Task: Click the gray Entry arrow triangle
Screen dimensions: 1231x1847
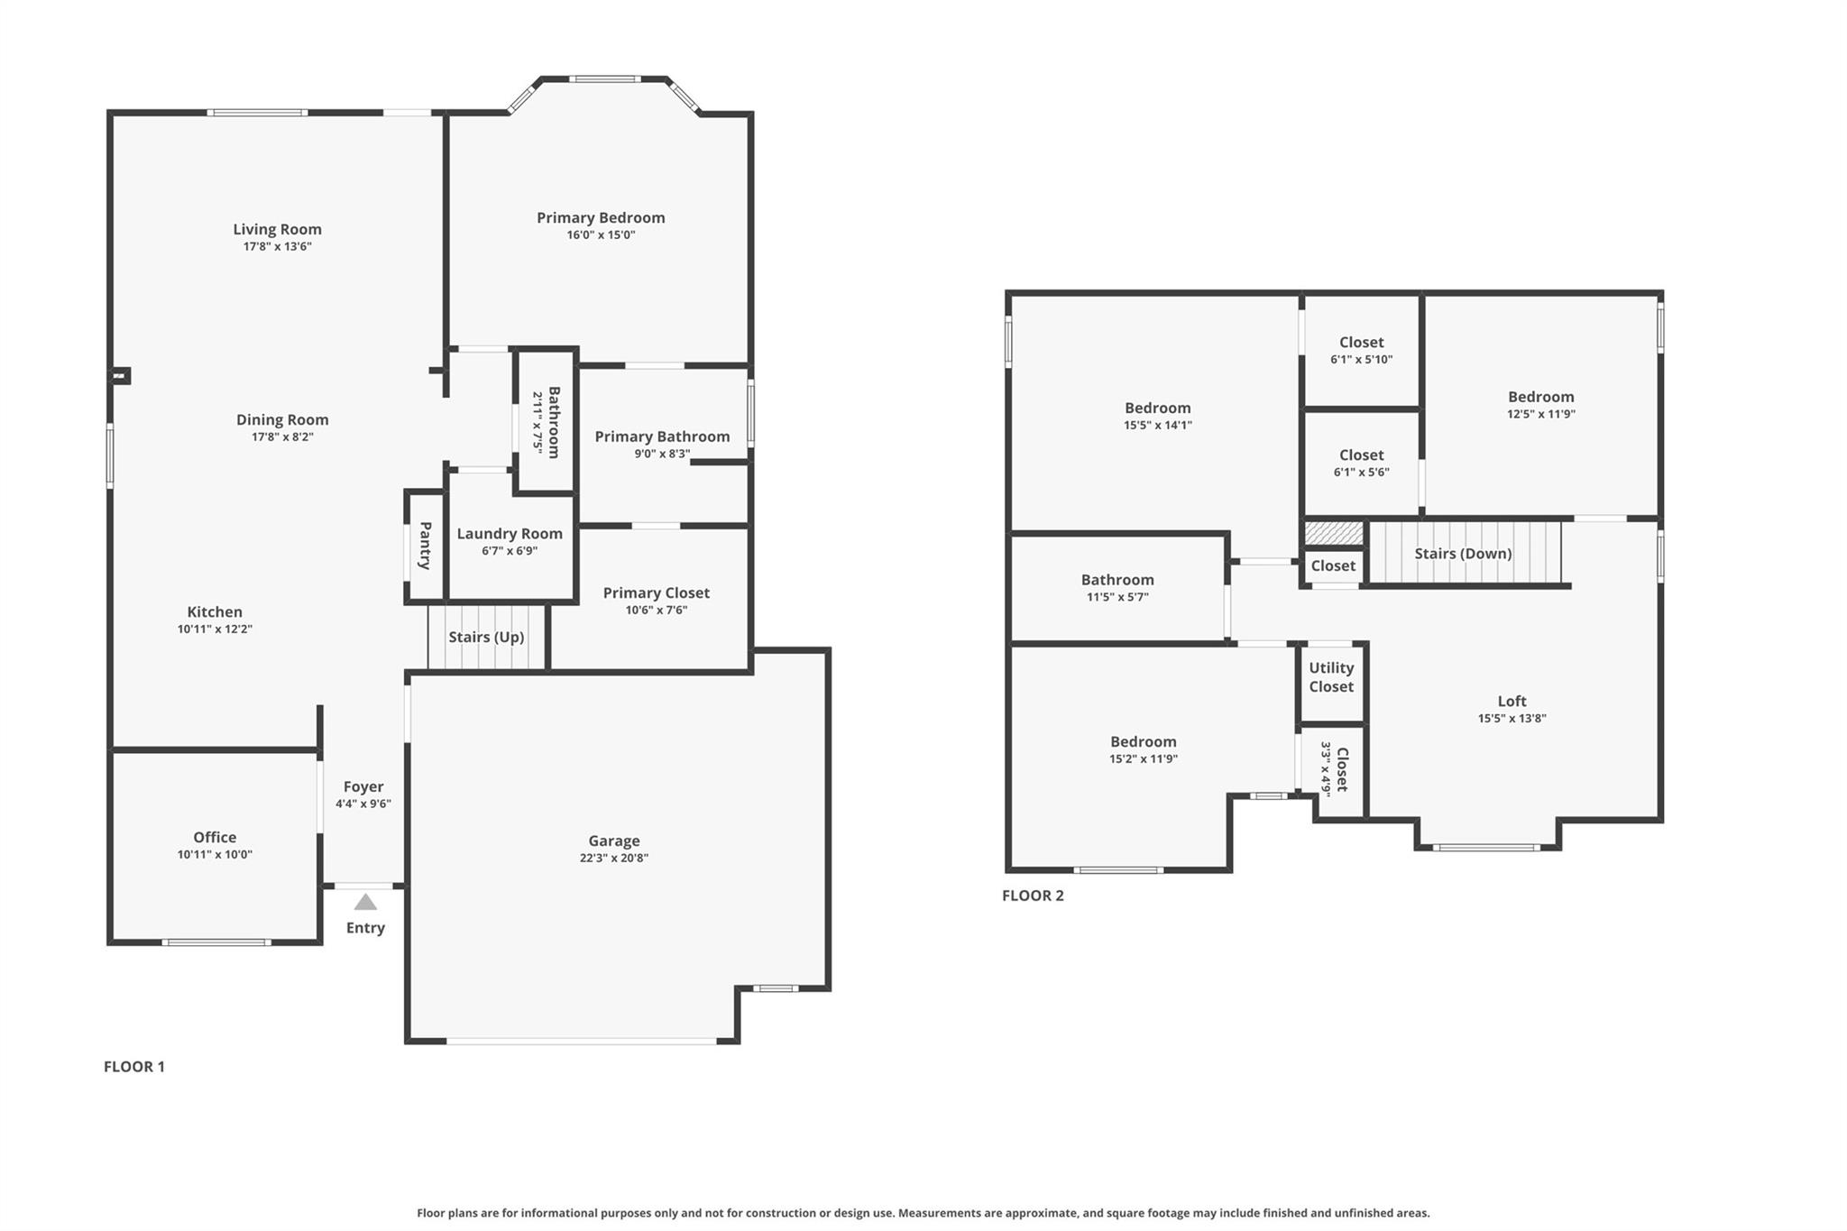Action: pyautogui.click(x=365, y=902)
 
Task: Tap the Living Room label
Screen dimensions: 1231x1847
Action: pyautogui.click(x=277, y=229)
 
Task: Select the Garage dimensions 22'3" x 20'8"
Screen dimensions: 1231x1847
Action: pyautogui.click(x=613, y=858)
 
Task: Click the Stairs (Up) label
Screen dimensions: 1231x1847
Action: pyautogui.click(x=486, y=637)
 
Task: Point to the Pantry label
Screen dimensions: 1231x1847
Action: pyautogui.click(x=425, y=545)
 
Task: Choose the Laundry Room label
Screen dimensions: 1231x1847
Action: pyautogui.click(x=510, y=533)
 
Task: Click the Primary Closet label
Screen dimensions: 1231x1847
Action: pyautogui.click(x=656, y=593)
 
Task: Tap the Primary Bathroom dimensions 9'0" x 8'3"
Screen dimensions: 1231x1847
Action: pyautogui.click(x=661, y=454)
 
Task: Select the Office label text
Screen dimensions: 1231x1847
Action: pyautogui.click(x=215, y=837)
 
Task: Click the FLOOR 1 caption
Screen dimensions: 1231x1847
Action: pyautogui.click(x=134, y=1066)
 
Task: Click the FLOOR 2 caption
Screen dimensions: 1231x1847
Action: pyautogui.click(x=1033, y=896)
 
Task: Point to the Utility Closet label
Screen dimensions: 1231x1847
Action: pyautogui.click(x=1331, y=677)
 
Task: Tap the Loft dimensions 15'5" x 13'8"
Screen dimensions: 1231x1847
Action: pyautogui.click(x=1512, y=719)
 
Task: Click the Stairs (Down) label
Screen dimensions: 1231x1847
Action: pyautogui.click(x=1463, y=553)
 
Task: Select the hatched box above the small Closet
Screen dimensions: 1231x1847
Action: pyautogui.click(x=1334, y=533)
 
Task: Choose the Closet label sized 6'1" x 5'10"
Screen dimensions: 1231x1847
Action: pyautogui.click(x=1361, y=342)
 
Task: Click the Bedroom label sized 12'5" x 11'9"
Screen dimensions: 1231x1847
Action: pyautogui.click(x=1540, y=397)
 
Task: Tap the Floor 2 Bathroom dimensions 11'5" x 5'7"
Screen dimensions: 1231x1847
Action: pyautogui.click(x=1117, y=597)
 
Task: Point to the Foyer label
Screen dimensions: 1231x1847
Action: pyautogui.click(x=363, y=786)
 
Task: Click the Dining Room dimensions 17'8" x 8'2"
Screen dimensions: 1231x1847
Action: pyautogui.click(x=282, y=436)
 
